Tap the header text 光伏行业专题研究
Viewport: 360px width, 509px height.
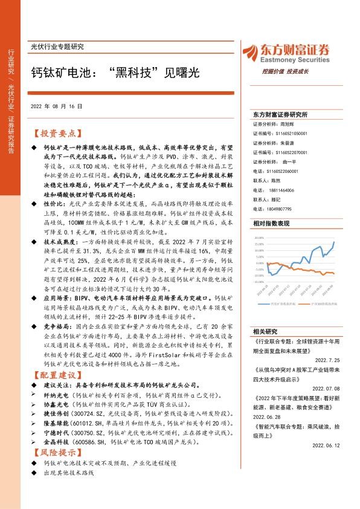pos(57,47)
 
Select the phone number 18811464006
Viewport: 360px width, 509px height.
pos(281,190)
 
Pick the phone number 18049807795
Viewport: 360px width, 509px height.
pos(281,209)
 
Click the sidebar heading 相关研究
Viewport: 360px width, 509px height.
pos(265,331)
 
